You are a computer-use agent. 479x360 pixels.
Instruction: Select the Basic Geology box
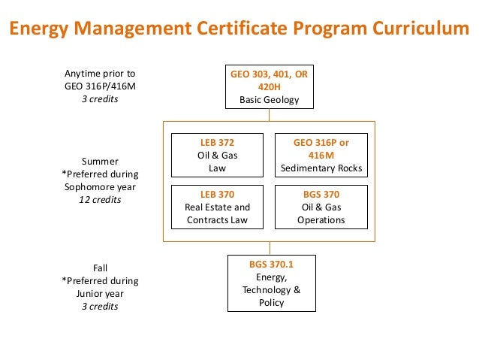269,87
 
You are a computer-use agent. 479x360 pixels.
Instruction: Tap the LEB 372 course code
217,142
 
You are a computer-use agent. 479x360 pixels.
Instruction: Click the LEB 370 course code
217,193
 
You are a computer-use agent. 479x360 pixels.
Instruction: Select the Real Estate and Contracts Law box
217,207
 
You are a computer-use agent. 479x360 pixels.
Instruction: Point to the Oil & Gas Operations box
321,207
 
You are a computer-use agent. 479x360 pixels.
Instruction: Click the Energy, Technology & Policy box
271,283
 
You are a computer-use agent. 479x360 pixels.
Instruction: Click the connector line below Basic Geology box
270,115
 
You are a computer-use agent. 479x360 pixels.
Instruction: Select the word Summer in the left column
100,161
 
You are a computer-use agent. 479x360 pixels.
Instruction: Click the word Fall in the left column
100,268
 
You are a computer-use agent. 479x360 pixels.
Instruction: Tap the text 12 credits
100,201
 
